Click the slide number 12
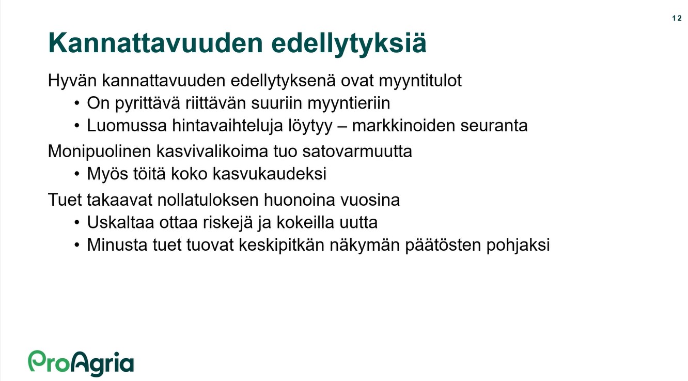(677, 18)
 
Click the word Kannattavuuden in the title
(155, 43)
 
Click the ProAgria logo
(81, 363)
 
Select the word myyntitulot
(420, 81)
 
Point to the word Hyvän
(72, 81)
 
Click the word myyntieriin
(349, 103)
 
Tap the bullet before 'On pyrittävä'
(77, 103)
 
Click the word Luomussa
(127, 126)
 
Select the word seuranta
(494, 126)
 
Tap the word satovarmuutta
(357, 152)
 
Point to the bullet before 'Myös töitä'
(77, 174)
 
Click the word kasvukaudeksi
(270, 174)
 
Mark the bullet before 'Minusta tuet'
(77, 245)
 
